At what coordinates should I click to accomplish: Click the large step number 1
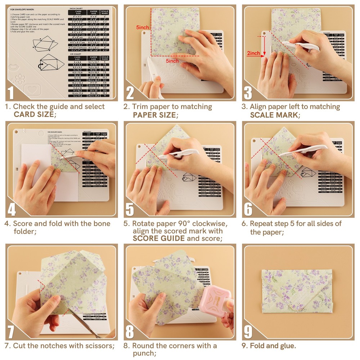(x=11, y=92)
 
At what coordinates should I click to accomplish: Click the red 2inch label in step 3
(x=253, y=53)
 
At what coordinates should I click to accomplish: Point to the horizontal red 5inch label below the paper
(x=172, y=61)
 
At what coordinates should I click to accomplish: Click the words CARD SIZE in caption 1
(x=35, y=115)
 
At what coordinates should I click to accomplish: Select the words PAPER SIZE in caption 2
(x=154, y=115)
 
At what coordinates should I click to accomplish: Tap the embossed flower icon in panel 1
(x=20, y=78)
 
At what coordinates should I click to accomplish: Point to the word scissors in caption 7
(x=99, y=346)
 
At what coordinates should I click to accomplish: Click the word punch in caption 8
(x=143, y=354)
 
